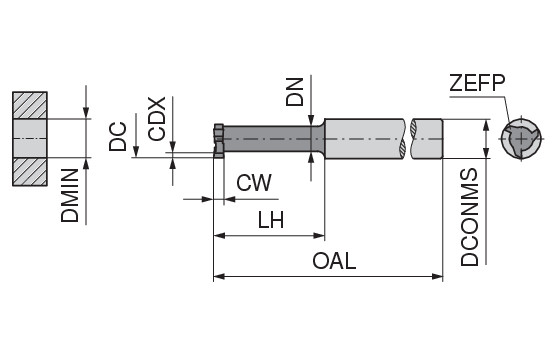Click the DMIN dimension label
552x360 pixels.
(70, 195)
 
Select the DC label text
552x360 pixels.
(118, 137)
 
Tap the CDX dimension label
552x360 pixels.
(157, 119)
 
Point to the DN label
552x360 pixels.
(294, 92)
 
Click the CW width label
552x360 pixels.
(254, 183)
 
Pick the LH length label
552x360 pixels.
(271, 220)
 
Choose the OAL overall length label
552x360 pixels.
(334, 261)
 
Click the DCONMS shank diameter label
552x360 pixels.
(470, 217)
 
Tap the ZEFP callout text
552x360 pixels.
(477, 83)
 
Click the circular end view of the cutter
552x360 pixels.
(521, 139)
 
